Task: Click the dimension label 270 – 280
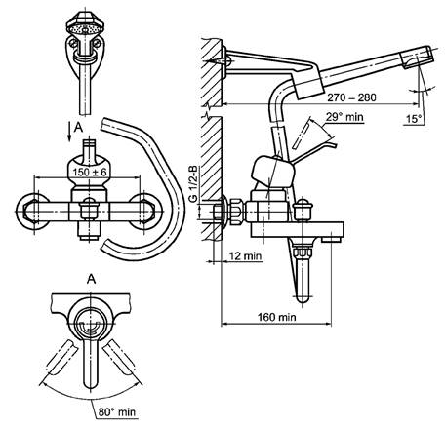351,97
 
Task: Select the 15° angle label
414,119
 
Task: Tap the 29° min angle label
344,117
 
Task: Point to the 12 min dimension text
245,255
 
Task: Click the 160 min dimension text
276,317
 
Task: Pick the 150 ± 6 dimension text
90,172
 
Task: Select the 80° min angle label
116,412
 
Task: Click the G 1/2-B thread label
193,184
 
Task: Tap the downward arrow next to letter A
69,131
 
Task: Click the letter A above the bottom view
92,279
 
